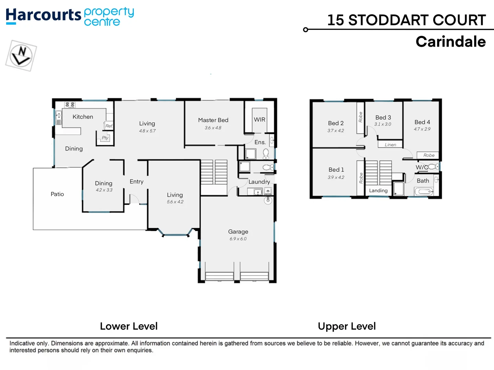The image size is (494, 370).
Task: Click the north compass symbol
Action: (x=21, y=56)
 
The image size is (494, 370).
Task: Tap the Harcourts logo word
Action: (x=43, y=15)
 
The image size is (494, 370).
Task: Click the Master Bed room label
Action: (x=213, y=120)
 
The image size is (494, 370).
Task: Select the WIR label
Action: (x=259, y=120)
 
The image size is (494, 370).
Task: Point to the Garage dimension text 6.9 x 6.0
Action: (x=238, y=239)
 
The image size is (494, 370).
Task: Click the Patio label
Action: (x=57, y=194)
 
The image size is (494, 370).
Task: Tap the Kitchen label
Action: (x=83, y=117)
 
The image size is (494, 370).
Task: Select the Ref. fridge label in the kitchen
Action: (x=109, y=126)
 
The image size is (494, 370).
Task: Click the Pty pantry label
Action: (x=105, y=138)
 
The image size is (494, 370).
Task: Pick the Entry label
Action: (x=137, y=182)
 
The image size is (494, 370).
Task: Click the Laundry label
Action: (x=259, y=182)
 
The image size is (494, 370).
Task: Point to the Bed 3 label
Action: (x=383, y=118)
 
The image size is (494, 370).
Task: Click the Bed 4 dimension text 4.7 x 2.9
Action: (x=422, y=129)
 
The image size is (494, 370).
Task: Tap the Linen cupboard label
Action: (x=390, y=145)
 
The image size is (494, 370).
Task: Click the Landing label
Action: (x=378, y=191)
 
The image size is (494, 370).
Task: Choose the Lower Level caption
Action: (x=129, y=326)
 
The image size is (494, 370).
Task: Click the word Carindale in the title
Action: (x=450, y=42)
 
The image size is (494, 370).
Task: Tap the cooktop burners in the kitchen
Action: (x=70, y=105)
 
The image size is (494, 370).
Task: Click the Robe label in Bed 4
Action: (x=428, y=155)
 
